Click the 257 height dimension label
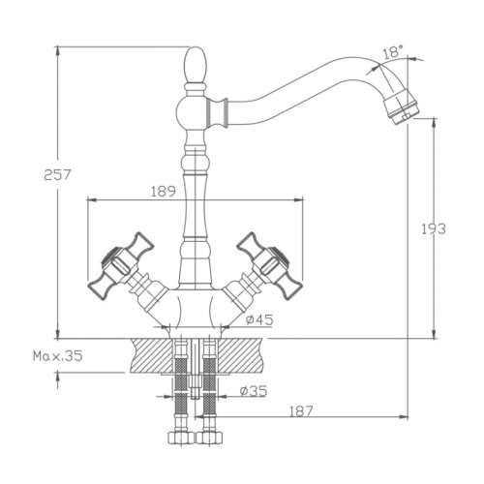(57, 175)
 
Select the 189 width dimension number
(164, 191)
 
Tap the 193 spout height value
(434, 228)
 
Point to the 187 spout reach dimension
(301, 411)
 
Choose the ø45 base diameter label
(258, 319)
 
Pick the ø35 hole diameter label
(254, 391)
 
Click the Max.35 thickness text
(58, 356)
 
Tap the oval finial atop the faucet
(195, 65)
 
